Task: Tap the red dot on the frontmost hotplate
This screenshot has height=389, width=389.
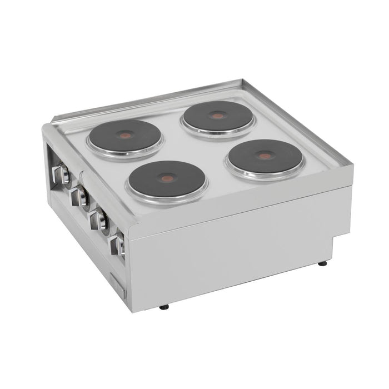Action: pyautogui.click(x=166, y=178)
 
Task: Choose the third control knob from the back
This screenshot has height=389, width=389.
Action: pyautogui.click(x=99, y=219)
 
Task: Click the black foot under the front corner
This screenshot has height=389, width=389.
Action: pyautogui.click(x=163, y=306)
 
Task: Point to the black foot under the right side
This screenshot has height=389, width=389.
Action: pyautogui.click(x=322, y=263)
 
